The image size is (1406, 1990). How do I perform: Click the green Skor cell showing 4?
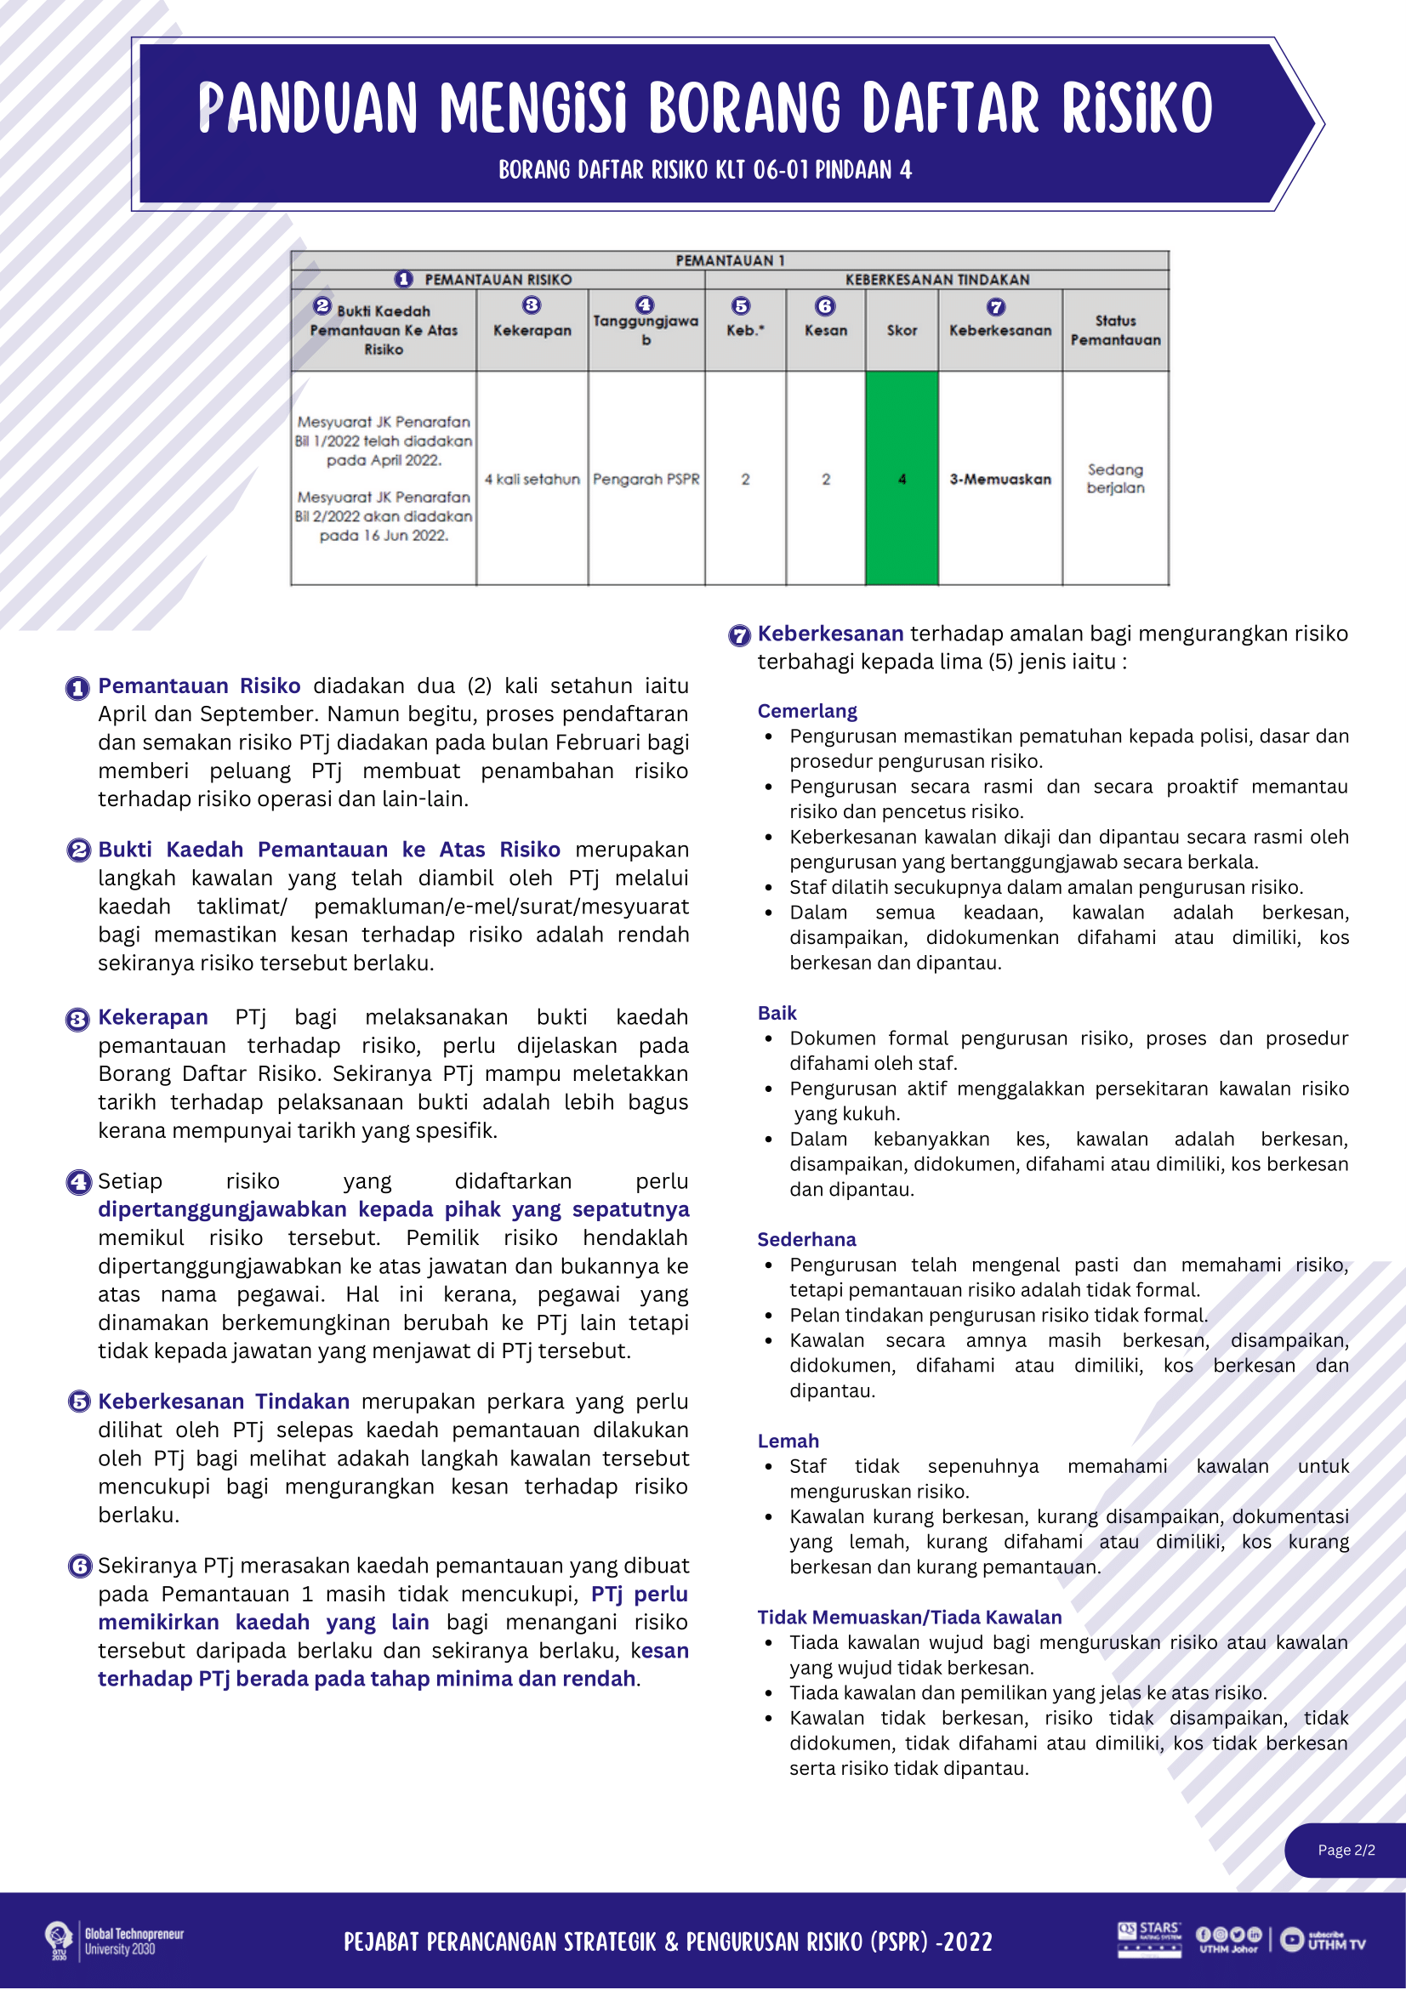tap(902, 479)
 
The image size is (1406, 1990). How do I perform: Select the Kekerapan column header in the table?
tap(532, 329)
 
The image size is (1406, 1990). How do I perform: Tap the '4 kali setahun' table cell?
tap(532, 479)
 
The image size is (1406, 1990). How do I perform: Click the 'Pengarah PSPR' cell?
tap(646, 479)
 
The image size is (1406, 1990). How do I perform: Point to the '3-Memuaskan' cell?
tap(999, 479)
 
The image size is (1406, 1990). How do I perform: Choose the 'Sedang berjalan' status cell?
tap(1115, 479)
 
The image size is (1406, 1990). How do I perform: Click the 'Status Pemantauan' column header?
tap(1115, 330)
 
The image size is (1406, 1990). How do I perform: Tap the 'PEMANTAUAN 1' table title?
tap(730, 260)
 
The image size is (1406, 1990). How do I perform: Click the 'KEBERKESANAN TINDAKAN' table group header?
tap(937, 279)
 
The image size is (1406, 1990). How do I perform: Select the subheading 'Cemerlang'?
tap(807, 711)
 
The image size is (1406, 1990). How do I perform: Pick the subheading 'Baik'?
tap(777, 1012)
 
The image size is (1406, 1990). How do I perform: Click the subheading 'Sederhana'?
tap(806, 1238)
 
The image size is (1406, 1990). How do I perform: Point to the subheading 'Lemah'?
tap(788, 1441)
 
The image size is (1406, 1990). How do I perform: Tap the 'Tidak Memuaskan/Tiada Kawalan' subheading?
tap(909, 1617)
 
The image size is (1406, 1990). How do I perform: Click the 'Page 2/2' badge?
tap(1346, 1850)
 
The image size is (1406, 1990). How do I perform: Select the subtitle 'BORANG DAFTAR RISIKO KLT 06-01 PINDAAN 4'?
tap(705, 169)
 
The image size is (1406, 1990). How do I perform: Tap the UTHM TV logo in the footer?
tap(1323, 1940)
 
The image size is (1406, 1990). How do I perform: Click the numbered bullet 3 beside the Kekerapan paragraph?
tap(78, 1020)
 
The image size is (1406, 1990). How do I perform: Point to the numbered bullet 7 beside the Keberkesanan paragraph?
tap(738, 635)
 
